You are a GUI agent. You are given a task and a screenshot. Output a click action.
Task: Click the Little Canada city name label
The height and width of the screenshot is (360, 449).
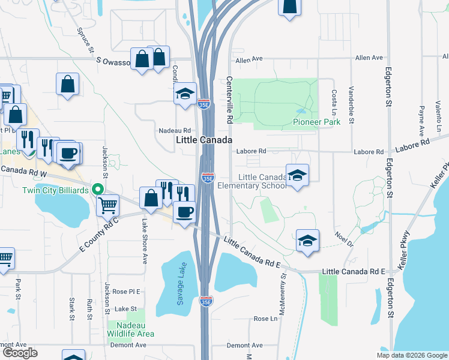pyautogui.click(x=203, y=139)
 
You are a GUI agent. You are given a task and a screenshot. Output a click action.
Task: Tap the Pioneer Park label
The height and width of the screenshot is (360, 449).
pyautogui.click(x=316, y=122)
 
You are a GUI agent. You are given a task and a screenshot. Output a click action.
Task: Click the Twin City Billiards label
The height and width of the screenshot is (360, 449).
pyautogui.click(x=55, y=190)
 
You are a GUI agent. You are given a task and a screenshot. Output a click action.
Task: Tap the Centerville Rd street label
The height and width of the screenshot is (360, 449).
pyautogui.click(x=229, y=100)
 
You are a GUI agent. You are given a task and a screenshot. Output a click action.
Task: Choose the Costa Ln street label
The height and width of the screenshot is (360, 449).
pyautogui.click(x=334, y=103)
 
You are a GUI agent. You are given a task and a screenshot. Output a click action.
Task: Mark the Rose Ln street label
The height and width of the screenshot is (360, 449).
pyautogui.click(x=265, y=319)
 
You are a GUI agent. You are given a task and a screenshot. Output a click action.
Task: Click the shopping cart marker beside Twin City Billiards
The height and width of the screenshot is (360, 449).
pyautogui.click(x=108, y=205)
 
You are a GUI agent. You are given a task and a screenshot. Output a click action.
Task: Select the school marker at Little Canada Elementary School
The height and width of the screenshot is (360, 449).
pyautogui.click(x=297, y=175)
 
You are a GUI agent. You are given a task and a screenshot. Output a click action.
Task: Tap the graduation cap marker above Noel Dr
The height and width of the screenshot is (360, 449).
pyautogui.click(x=307, y=241)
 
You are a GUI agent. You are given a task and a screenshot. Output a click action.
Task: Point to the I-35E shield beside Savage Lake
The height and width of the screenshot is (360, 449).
pyautogui.click(x=205, y=301)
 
